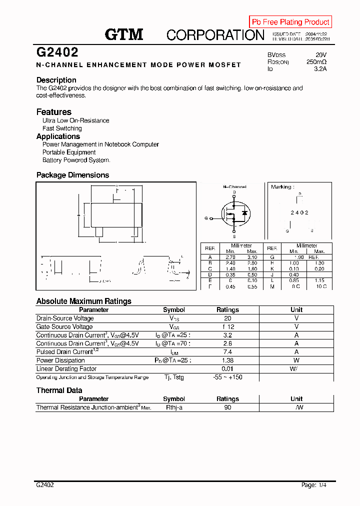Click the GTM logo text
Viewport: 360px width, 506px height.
tap(124, 34)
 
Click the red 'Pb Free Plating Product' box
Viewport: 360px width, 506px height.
tap(290, 22)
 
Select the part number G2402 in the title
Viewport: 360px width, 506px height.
tap(57, 52)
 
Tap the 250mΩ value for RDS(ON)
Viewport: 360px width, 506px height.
tap(316, 62)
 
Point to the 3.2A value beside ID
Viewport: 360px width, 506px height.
tap(320, 69)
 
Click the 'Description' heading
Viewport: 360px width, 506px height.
tap(56, 80)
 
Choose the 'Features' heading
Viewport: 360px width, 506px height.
tap(54, 112)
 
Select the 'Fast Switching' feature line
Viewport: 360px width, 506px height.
tap(62, 128)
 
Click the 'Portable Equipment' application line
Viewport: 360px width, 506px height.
tap(69, 152)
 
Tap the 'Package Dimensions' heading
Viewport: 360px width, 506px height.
tap(72, 175)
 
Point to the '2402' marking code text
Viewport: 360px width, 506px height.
tap(299, 213)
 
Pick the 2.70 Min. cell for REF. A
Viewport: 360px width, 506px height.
tap(230, 256)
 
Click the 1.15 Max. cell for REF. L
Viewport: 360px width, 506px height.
tap(320, 280)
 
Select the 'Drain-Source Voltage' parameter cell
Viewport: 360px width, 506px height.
tap(65, 318)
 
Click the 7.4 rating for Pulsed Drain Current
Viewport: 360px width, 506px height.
tap(227, 352)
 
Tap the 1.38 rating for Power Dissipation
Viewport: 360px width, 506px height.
tap(227, 360)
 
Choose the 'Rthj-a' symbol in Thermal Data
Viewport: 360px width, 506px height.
tap(174, 407)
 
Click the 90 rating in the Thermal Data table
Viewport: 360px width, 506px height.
tap(227, 407)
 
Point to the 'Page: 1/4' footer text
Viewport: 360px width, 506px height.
tap(316, 485)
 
